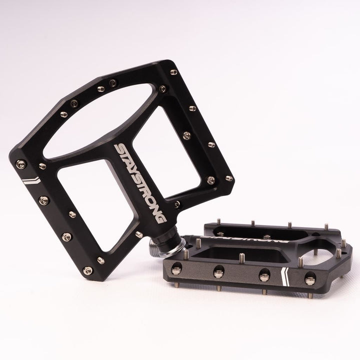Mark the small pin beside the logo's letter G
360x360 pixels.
(x=177, y=203)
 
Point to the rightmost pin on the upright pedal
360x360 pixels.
(x=229, y=178)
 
